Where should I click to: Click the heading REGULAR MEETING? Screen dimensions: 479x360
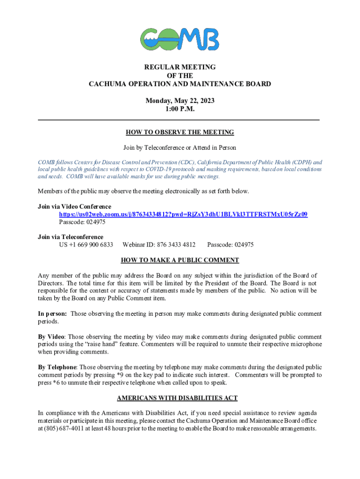[x=180, y=67]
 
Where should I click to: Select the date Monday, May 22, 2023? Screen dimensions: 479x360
[x=180, y=101]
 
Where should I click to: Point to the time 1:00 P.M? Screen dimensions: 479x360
[x=180, y=109]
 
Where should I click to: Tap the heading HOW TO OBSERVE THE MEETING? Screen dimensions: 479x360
[x=180, y=132]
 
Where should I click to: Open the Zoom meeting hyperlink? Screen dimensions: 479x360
[x=183, y=214]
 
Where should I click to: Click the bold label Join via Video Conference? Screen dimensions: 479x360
[x=74, y=206]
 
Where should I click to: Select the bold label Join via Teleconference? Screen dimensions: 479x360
[x=71, y=237]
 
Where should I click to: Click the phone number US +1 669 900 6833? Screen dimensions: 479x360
[x=86, y=245]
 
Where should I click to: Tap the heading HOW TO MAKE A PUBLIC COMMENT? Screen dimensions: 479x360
[x=180, y=260]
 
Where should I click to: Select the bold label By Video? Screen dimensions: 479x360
[x=51, y=337]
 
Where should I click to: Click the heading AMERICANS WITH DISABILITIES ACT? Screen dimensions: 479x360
[x=177, y=398]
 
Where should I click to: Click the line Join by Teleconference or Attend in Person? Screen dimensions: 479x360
[x=180, y=148]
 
